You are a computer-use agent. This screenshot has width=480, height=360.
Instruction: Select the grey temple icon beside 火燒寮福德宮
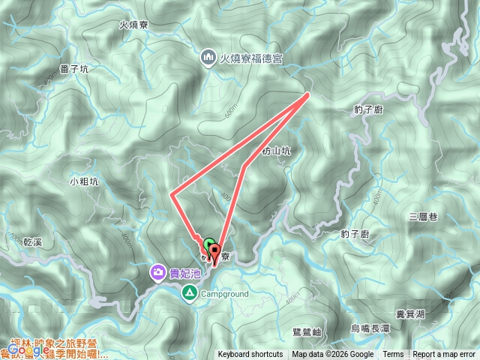click(x=208, y=57)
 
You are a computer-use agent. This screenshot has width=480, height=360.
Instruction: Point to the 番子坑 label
click(x=74, y=68)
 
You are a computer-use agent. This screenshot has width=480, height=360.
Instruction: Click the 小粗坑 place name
click(x=83, y=181)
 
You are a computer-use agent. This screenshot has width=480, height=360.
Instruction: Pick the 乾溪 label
click(x=37, y=242)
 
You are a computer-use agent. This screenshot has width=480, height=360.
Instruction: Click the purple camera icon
click(x=158, y=272)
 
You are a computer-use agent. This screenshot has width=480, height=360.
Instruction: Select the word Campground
click(x=224, y=294)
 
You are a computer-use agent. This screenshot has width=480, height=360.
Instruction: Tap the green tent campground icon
click(x=191, y=293)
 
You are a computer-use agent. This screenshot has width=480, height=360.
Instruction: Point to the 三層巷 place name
click(x=423, y=217)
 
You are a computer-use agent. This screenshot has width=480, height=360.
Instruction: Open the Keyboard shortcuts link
click(x=250, y=355)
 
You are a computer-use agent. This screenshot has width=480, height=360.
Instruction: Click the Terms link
click(x=393, y=355)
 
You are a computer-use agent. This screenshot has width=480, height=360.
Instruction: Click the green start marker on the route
click(x=208, y=244)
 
